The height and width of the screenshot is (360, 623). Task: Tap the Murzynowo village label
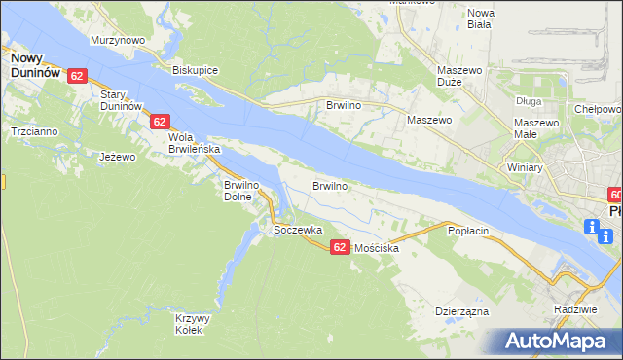pyautogui.click(x=117, y=40)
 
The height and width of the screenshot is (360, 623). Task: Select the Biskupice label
pyautogui.click(x=195, y=71)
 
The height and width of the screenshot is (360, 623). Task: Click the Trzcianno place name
pyautogui.click(x=32, y=130)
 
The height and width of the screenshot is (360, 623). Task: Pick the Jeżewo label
pyautogui.click(x=118, y=156)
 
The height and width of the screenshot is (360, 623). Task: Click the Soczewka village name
pyautogui.click(x=297, y=231)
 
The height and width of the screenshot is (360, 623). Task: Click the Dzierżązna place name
pyautogui.click(x=460, y=312)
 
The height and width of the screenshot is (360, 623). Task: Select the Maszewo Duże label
pyautogui.click(x=460, y=77)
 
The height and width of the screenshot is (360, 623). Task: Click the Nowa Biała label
pyautogui.click(x=481, y=19)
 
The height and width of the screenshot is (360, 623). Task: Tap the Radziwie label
pyautogui.click(x=573, y=308)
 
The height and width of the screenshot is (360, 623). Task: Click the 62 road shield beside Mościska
pyautogui.click(x=339, y=247)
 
